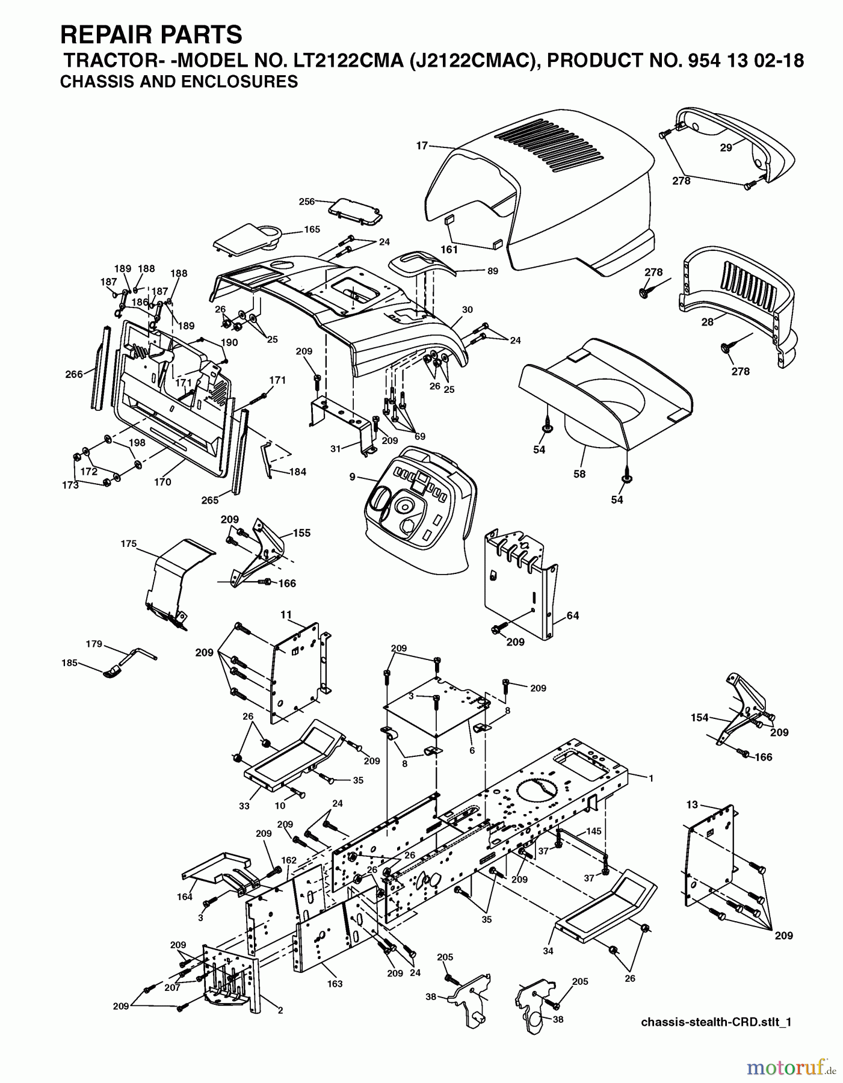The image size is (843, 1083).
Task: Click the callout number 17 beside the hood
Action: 421,145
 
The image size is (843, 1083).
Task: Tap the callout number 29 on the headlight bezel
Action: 726,147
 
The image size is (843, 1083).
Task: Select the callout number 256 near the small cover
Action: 307,202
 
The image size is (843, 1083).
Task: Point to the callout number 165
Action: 312,229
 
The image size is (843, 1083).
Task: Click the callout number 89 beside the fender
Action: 493,271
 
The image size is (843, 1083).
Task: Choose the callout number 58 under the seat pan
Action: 579,474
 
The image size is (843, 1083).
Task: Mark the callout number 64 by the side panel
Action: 572,616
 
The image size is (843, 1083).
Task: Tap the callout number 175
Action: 128,543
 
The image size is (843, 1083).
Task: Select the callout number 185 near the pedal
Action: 69,663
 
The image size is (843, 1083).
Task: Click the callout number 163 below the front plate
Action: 335,983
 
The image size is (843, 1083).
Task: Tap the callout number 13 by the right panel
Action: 692,804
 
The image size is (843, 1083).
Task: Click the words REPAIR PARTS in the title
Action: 151,35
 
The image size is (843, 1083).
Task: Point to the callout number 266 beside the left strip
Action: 73,374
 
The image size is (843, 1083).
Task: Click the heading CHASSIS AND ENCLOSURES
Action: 179,82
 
